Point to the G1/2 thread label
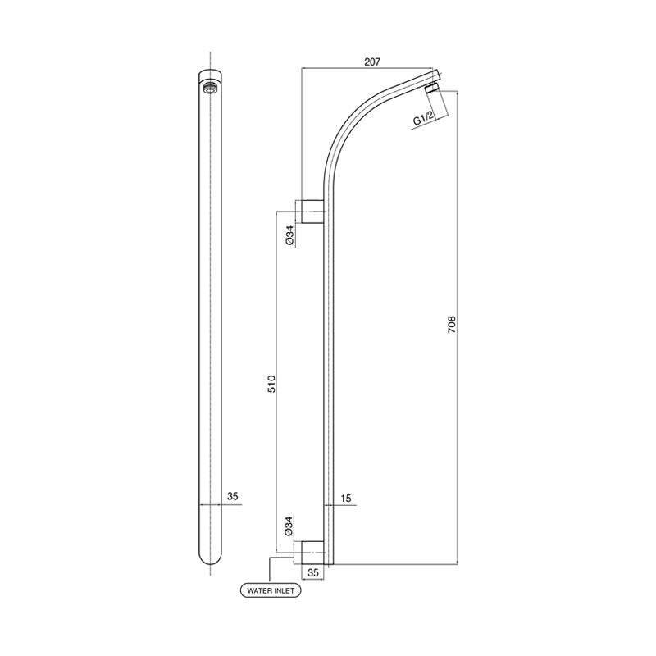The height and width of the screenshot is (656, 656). pyautogui.click(x=425, y=120)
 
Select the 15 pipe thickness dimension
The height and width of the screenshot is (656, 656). pyautogui.click(x=346, y=497)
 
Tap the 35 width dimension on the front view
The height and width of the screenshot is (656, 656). pyautogui.click(x=232, y=497)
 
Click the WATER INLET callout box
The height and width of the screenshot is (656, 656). pyautogui.click(x=269, y=590)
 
